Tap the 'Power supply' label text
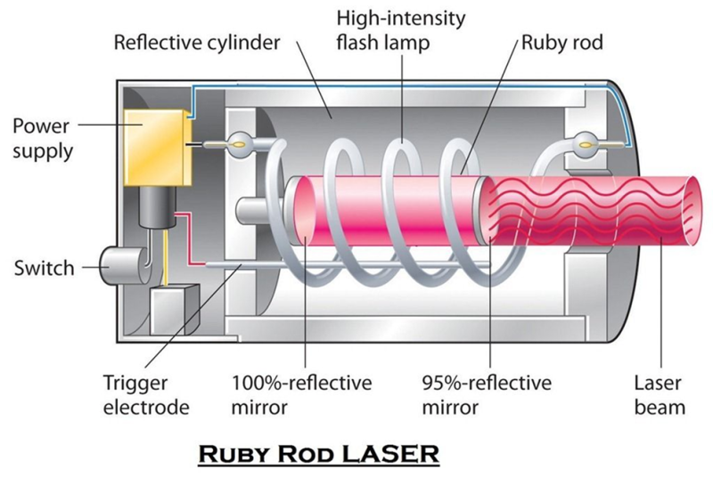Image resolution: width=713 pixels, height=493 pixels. (x=42, y=138)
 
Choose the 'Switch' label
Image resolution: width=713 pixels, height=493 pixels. (x=44, y=268)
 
